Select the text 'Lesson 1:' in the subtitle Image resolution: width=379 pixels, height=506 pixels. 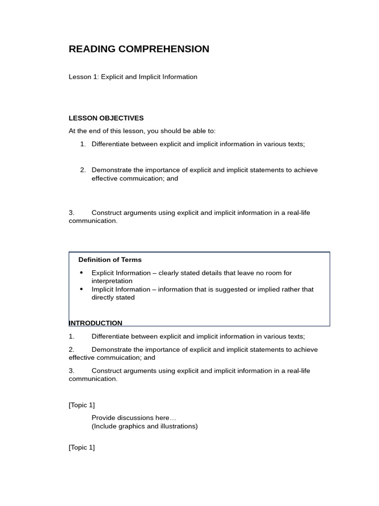(84, 77)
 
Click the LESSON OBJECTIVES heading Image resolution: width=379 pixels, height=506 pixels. (106, 118)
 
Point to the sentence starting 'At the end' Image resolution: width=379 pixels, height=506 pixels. (142, 131)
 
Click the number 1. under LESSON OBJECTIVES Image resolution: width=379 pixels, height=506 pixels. (83, 144)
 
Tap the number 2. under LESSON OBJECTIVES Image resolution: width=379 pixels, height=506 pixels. (83, 170)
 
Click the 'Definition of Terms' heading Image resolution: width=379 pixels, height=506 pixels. (110, 260)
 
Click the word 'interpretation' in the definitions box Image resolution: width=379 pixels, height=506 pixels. (112, 281)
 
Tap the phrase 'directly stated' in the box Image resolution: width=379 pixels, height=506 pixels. (113, 297)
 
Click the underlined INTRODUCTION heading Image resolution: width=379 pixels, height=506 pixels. (96, 323)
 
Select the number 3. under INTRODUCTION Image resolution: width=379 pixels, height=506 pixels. (72, 371)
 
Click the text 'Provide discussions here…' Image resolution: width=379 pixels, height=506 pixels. (134, 418)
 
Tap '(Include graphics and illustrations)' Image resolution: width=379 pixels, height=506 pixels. (145, 426)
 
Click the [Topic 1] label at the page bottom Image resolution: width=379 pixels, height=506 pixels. (82, 448)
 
